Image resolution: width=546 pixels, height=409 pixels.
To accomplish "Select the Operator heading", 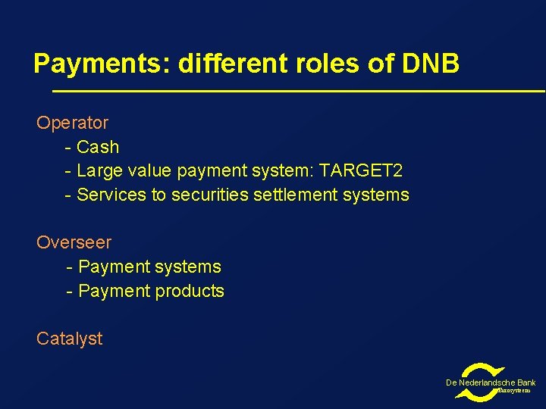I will pyautogui.click(x=72, y=123).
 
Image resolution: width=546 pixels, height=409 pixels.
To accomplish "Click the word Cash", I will pyautogui.click(x=98, y=147).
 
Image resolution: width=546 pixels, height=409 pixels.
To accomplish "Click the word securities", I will pyautogui.click(x=208, y=195).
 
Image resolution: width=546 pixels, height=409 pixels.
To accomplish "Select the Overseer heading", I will pyautogui.click(x=74, y=243).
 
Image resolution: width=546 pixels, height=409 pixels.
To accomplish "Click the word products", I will pyautogui.click(x=190, y=291).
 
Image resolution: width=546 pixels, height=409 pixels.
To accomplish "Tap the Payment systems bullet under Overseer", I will pyautogui.click(x=149, y=267).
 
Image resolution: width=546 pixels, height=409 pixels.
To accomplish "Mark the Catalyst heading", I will pyautogui.click(x=69, y=339).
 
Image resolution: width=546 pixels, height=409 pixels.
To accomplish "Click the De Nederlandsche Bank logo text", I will pyautogui.click(x=490, y=383).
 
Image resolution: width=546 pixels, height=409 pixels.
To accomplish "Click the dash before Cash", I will pyautogui.click(x=69, y=147).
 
